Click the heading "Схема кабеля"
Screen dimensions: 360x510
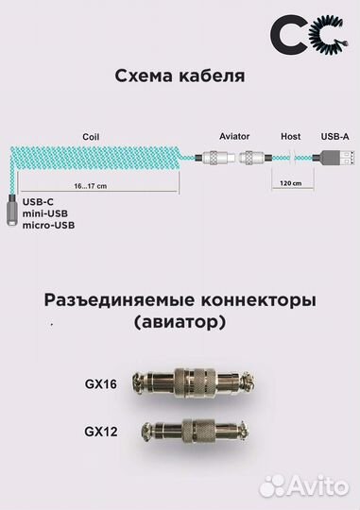(x=180, y=76)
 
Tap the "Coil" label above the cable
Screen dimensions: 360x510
(x=91, y=136)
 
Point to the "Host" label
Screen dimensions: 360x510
(x=291, y=136)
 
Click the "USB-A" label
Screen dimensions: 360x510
(x=335, y=136)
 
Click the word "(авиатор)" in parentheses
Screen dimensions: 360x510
(x=180, y=325)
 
